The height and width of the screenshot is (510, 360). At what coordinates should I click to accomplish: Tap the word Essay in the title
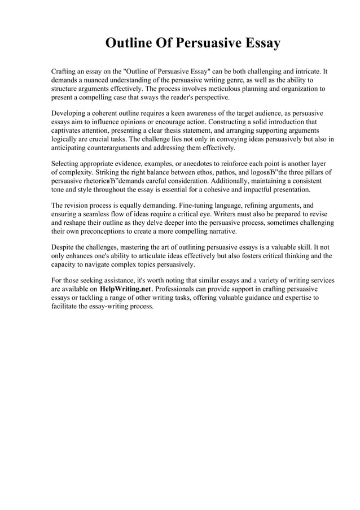coord(260,44)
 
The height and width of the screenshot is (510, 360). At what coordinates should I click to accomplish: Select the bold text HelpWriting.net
coord(125,289)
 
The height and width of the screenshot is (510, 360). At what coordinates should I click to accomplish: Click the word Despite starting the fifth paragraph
coord(64,247)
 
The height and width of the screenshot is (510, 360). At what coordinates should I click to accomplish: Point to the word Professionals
coord(179,289)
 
